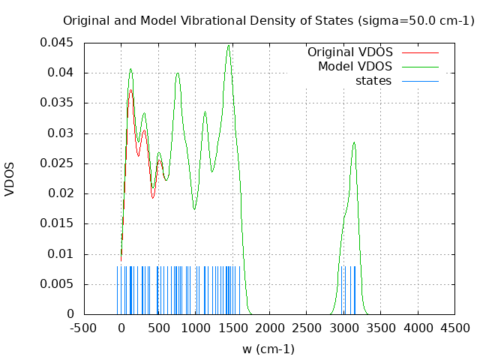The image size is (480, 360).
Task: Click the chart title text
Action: [268, 21]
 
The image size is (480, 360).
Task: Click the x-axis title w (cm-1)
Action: [268, 349]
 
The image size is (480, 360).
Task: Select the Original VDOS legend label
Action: [349, 52]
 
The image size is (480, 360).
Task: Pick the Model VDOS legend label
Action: [355, 67]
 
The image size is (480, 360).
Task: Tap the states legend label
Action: [373, 80]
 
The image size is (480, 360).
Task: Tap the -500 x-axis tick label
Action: [84, 328]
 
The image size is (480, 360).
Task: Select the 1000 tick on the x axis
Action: [195, 328]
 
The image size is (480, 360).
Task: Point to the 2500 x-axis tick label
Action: [307, 328]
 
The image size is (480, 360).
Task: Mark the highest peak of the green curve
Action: [228, 46]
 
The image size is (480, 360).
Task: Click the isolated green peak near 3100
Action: [353, 142]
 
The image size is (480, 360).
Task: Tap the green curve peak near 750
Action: [178, 73]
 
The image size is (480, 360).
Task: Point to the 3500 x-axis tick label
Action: [381, 328]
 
